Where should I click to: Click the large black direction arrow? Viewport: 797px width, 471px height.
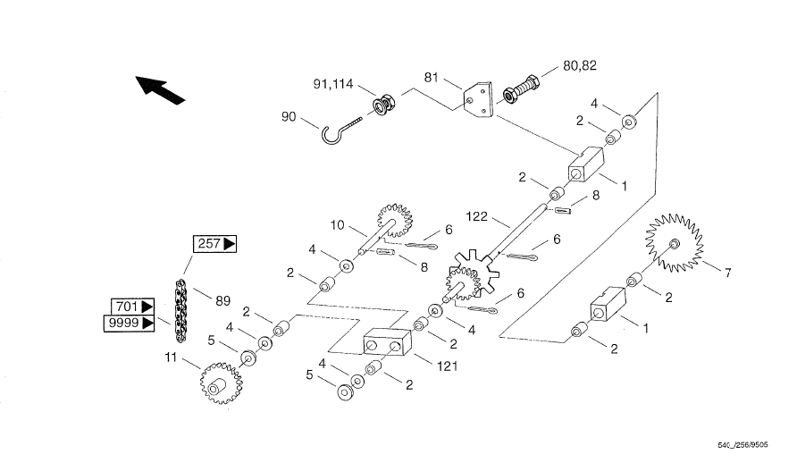161,89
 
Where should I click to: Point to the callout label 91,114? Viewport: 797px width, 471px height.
333,85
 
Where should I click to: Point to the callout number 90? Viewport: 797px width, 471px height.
289,115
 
